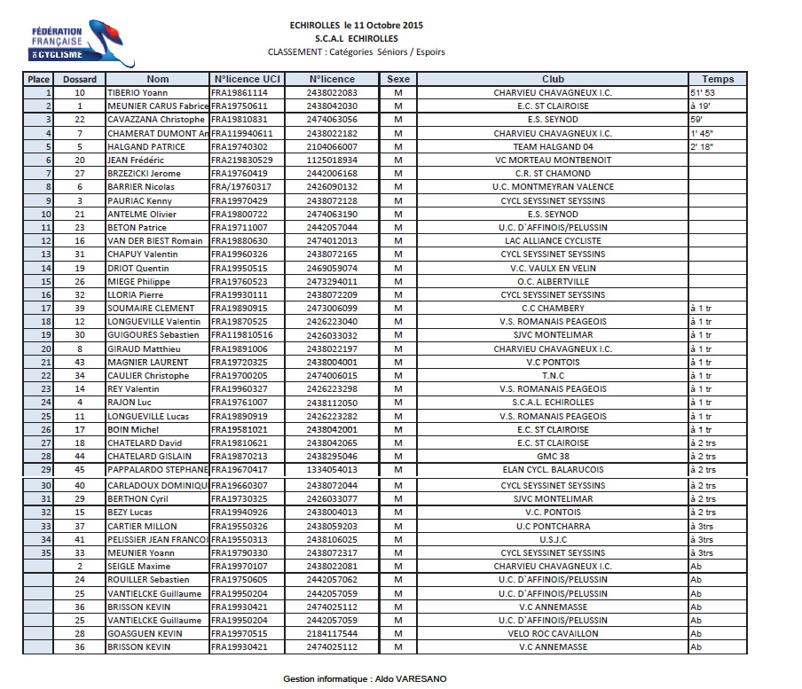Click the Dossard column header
tap(80, 79)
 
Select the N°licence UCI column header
tap(248, 79)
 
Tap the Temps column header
tap(718, 79)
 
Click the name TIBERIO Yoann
tap(138, 92)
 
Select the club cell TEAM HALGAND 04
tap(553, 146)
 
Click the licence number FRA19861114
tap(239, 92)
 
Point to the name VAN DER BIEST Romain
tap(155, 240)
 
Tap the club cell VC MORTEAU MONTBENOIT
tap(553, 160)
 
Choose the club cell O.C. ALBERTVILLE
tap(553, 281)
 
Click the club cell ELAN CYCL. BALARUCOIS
tap(553, 469)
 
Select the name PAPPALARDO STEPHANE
tap(157, 469)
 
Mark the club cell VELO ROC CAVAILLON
tap(553, 633)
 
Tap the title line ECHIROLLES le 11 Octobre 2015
tap(357, 25)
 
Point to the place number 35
tap(45, 552)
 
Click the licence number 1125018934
tap(332, 160)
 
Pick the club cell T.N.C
tap(553, 375)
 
